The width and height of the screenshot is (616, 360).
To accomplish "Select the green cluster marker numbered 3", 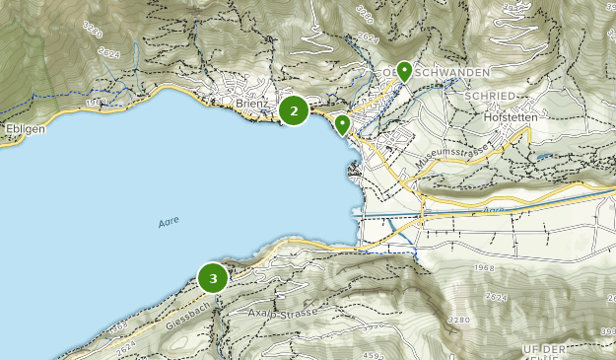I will (213, 278).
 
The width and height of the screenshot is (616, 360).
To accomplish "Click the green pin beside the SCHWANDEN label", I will (404, 70).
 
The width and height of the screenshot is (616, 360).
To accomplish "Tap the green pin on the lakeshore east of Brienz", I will (342, 124).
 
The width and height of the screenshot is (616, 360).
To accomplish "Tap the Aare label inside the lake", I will (169, 223).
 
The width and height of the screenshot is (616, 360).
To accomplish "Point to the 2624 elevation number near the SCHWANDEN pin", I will (369, 37).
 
